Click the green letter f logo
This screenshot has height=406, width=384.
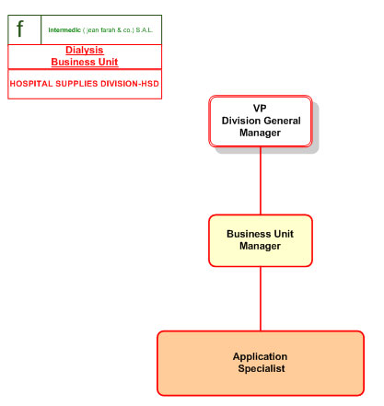pyautogui.click(x=20, y=29)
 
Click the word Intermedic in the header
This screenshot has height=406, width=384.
pyautogui.click(x=64, y=30)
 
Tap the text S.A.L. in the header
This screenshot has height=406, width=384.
pyautogui.click(x=144, y=30)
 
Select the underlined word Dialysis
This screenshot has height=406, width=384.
pyautogui.click(x=85, y=50)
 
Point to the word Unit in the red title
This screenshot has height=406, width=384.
pyautogui.click(x=108, y=62)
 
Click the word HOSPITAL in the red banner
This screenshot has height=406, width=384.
pyautogui.click(x=31, y=84)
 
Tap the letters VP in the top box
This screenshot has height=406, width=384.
pyautogui.click(x=260, y=108)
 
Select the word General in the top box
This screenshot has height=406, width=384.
pyautogui.click(x=285, y=121)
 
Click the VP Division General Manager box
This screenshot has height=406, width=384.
pyautogui.click(x=261, y=122)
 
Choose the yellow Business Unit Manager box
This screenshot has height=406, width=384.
pyautogui.click(x=261, y=240)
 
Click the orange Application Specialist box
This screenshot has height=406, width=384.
pyautogui.click(x=261, y=363)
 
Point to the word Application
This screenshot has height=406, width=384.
pyautogui.click(x=260, y=356)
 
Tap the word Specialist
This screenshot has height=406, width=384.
pyautogui.click(x=262, y=368)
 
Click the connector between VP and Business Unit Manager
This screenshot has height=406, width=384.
pyautogui.click(x=261, y=180)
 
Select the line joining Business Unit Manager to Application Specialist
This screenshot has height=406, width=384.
pyautogui.click(x=261, y=298)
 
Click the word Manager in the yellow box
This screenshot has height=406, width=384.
pyautogui.click(x=260, y=246)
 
